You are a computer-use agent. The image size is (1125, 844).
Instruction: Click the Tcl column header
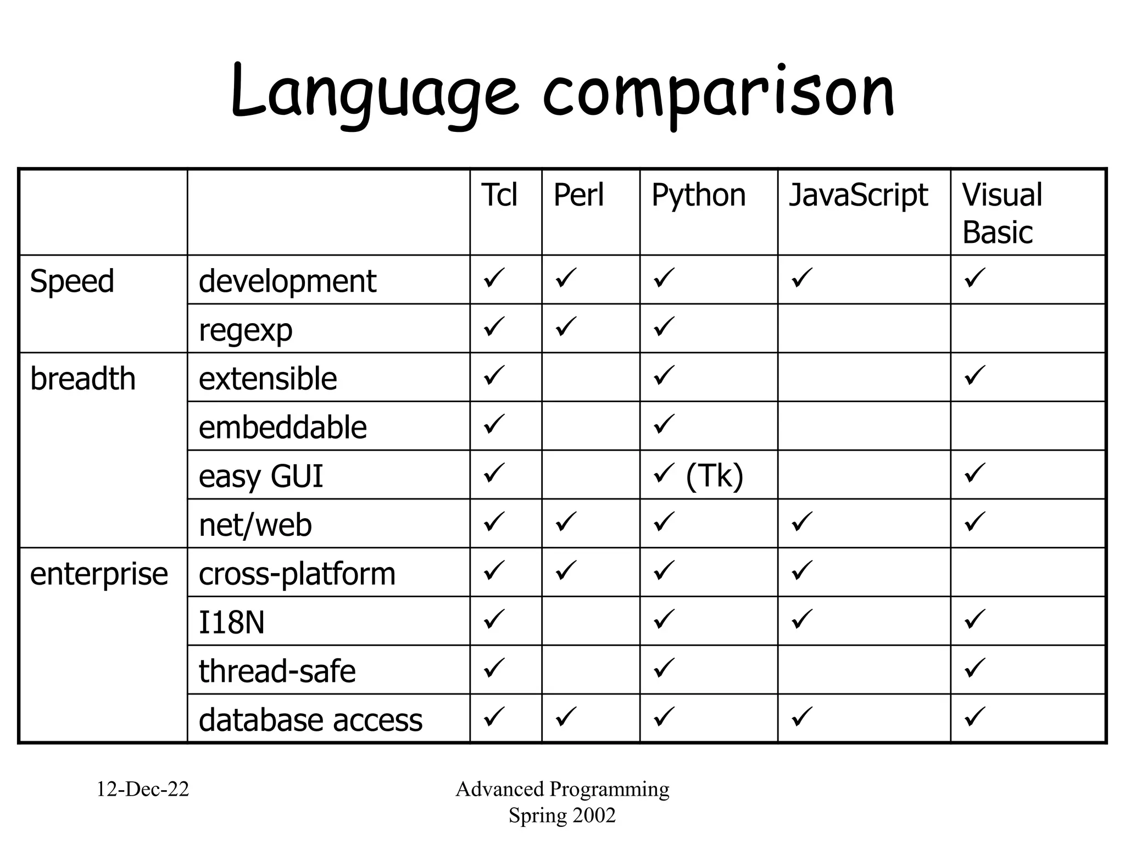(499, 195)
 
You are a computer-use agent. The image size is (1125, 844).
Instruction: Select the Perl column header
(578, 195)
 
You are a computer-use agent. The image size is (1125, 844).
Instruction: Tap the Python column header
(698, 195)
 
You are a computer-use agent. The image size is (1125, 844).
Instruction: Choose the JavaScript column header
(858, 195)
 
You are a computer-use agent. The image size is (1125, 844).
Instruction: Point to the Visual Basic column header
(1002, 213)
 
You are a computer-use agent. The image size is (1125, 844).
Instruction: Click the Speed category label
(72, 281)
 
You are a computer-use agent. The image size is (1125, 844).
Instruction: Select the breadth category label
(82, 379)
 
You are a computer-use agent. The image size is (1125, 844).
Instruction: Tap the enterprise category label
(99, 574)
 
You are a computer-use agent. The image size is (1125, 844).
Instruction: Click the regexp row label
(246, 330)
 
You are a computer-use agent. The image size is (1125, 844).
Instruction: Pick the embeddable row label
(282, 427)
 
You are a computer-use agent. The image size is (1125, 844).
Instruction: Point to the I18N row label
(231, 623)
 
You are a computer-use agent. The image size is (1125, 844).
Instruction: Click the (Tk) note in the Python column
(714, 476)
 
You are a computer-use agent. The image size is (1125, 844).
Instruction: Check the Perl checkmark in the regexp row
(566, 326)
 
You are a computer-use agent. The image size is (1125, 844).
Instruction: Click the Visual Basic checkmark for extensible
(975, 375)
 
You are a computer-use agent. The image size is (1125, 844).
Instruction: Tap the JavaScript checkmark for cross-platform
(802, 570)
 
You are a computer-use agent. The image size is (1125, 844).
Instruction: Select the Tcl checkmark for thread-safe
(494, 668)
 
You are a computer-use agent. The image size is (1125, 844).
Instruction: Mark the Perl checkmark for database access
(566, 717)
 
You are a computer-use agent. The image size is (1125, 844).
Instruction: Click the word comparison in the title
(719, 92)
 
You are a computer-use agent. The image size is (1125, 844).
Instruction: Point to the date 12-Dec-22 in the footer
(143, 789)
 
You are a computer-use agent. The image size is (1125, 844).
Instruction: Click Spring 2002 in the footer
(562, 815)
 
